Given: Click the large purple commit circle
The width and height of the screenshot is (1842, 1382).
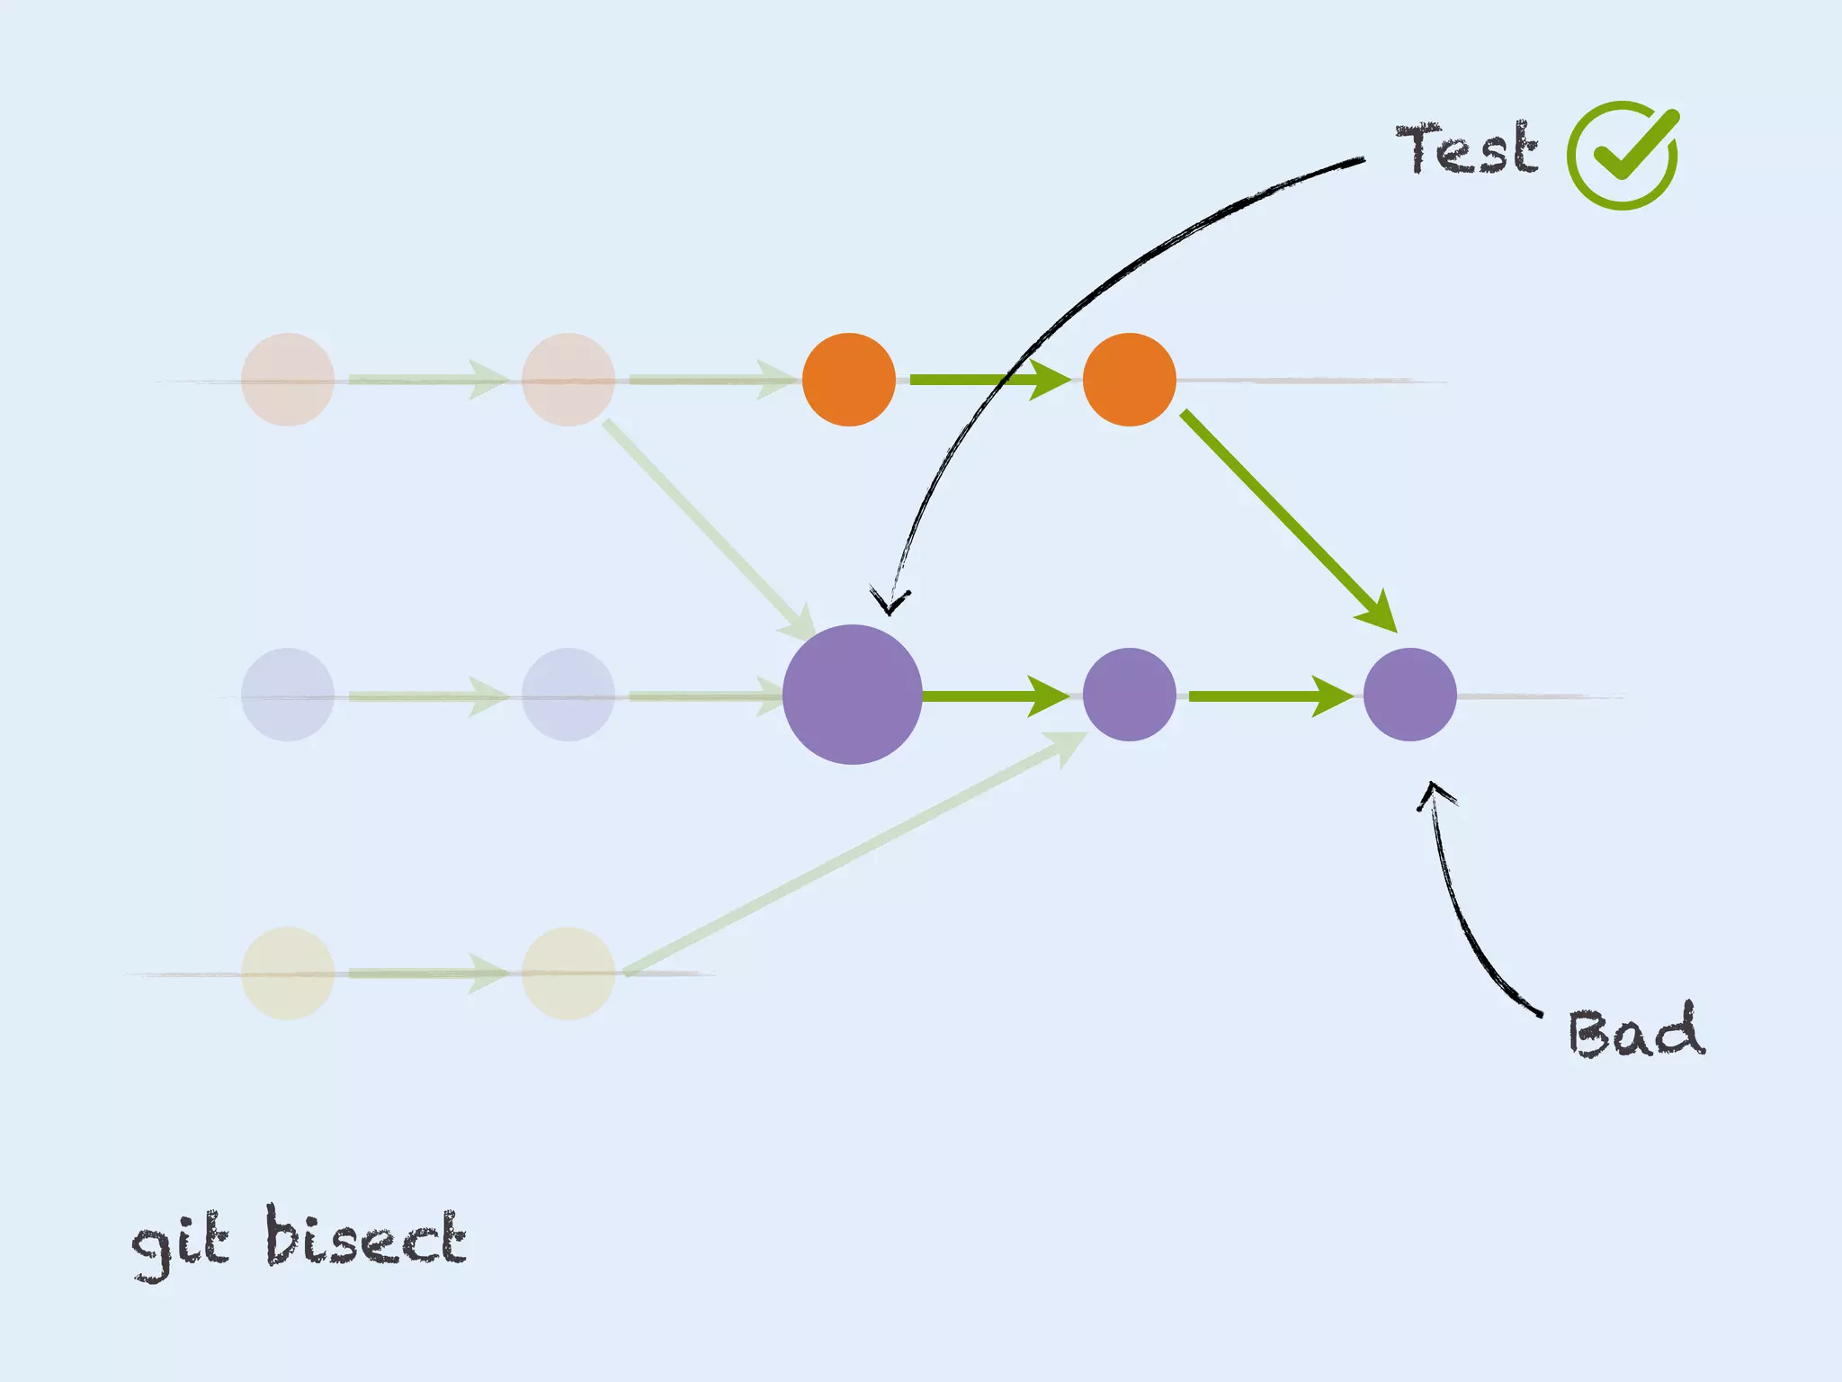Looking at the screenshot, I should [852, 695].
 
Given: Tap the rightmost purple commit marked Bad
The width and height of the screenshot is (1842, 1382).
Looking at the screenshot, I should [1409, 695].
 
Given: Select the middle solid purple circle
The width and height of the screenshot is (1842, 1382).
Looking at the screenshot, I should [1129, 695].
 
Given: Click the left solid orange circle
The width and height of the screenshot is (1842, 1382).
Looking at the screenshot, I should [848, 380].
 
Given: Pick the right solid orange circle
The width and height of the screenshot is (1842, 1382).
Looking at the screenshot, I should [1129, 380].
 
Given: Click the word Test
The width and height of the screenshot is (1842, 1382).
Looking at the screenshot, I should [1466, 148].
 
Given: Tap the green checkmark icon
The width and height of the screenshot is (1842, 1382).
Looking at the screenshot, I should [1623, 155].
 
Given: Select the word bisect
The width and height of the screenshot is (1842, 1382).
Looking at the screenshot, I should [365, 1237].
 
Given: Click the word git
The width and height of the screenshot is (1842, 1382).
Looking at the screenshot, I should [180, 1242].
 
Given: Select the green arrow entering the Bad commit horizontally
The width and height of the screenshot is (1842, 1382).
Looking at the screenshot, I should [1268, 695].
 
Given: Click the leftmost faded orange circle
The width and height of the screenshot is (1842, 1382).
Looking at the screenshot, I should [288, 380].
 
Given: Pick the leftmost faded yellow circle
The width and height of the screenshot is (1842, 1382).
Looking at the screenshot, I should [288, 974].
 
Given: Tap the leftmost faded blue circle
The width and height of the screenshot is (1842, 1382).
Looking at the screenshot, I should [288, 695].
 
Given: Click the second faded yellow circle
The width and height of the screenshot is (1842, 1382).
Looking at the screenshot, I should [568, 974].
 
